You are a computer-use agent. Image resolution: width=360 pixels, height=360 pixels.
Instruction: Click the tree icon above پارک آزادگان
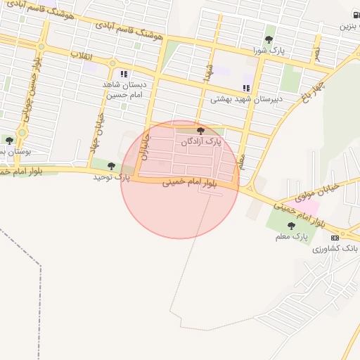click(200, 131)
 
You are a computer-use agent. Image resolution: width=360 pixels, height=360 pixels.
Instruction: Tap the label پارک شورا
click(270, 51)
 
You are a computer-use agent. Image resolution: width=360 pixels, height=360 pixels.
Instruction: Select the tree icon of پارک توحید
click(111, 166)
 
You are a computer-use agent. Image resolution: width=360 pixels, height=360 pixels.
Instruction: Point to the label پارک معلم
click(292, 237)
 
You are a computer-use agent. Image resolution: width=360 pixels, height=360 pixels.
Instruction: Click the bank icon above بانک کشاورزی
click(335, 238)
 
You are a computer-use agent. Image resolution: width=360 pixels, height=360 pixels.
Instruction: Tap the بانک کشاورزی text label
click(335, 249)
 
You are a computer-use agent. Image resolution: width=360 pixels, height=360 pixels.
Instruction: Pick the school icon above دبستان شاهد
click(124, 73)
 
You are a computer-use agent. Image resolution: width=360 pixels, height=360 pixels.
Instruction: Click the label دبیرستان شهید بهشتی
click(246, 99)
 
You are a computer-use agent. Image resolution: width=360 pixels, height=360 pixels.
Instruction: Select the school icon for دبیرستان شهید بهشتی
click(246, 88)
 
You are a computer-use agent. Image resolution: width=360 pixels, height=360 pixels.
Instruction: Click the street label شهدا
click(209, 73)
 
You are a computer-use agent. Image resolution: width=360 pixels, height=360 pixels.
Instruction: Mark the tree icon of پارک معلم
click(291, 226)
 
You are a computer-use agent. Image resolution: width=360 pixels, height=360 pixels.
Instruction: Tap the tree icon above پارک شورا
click(269, 40)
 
